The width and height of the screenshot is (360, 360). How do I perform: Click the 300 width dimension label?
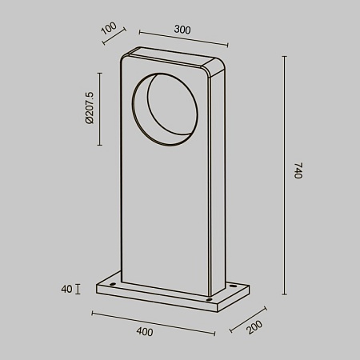(x=182, y=30)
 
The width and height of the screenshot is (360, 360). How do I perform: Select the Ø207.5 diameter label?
(x=90, y=108)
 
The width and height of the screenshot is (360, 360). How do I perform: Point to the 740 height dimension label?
(x=298, y=171)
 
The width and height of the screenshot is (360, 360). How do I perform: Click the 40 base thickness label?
(x=66, y=289)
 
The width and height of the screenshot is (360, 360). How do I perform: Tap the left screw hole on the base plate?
(x=113, y=285)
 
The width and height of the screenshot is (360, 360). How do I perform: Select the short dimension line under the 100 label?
(x=117, y=42)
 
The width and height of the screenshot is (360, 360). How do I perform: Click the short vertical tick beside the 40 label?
(x=78, y=289)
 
